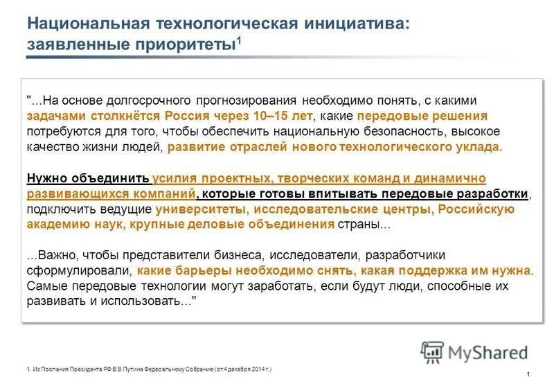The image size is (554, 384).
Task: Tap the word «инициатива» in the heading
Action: tap(355, 23)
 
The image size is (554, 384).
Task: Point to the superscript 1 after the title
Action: tap(240, 40)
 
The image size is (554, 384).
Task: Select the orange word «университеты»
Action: tap(200, 209)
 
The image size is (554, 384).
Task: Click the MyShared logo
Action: tap(474, 353)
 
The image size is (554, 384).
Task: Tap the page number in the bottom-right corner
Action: tap(528, 374)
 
